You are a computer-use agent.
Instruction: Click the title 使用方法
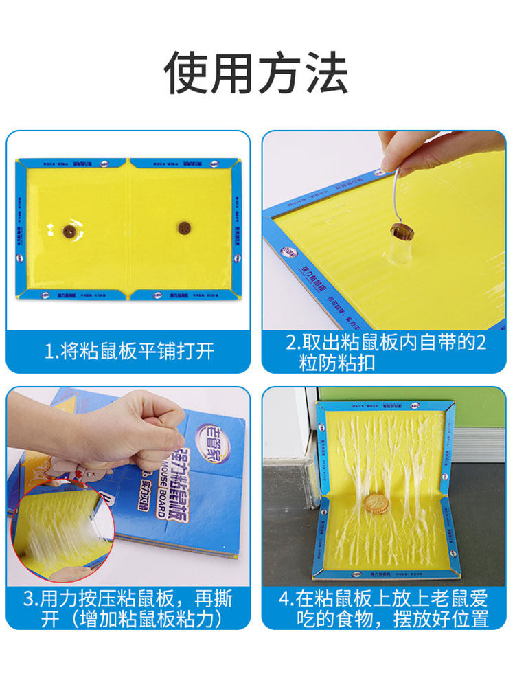tap(256, 73)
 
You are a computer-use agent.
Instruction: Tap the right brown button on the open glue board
tap(183, 227)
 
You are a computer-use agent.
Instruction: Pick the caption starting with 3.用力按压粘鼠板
tap(129, 609)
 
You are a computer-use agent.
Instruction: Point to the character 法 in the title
tap(325, 73)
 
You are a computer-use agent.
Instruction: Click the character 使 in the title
tap(187, 73)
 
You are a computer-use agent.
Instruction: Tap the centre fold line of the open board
tap(128, 230)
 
